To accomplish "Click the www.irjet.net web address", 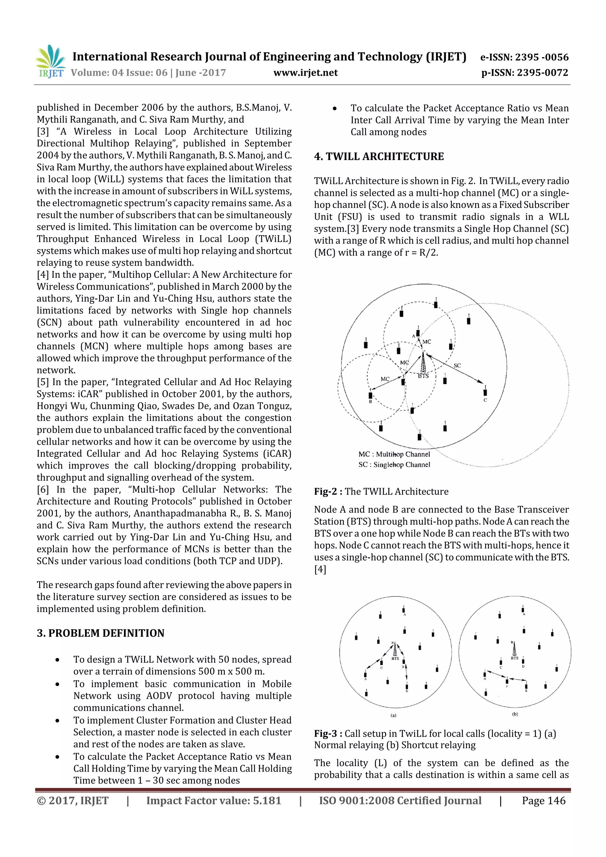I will pos(305,72).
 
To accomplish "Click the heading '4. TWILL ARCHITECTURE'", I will pos(379,156).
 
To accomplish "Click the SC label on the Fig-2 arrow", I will pos(457,365).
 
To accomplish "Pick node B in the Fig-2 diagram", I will pos(370,395).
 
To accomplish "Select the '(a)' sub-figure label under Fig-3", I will pos(393,716).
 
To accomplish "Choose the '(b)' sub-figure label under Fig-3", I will pos(515,714).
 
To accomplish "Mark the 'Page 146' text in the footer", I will pos(543,800).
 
